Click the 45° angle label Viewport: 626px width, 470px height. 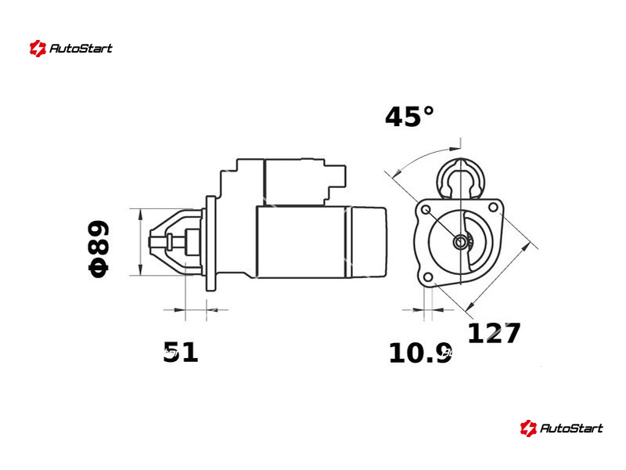(409, 117)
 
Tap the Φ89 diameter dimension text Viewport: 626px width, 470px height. (99, 248)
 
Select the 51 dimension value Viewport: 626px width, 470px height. (181, 352)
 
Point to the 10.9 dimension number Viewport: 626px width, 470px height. (420, 353)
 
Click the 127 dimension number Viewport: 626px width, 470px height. (494, 334)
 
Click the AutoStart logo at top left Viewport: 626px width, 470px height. (71, 49)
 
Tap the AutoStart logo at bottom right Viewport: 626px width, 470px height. (562, 428)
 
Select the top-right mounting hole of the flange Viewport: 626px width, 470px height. (493, 207)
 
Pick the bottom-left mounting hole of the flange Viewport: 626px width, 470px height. (426, 278)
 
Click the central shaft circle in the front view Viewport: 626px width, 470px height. (460, 242)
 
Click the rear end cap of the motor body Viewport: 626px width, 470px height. (368, 243)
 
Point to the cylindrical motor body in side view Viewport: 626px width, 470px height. (301, 243)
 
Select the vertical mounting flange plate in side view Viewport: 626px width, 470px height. (210, 243)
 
